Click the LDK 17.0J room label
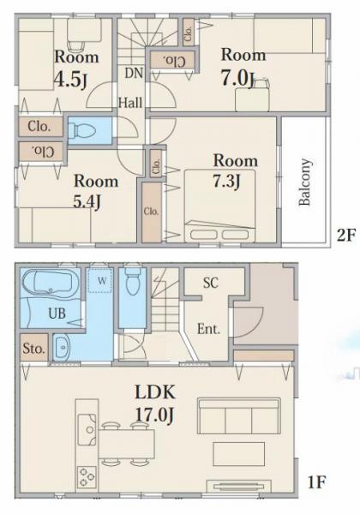point(155,403)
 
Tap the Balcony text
point(305,182)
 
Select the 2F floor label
point(346,235)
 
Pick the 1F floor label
point(316,482)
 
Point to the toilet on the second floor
point(85,131)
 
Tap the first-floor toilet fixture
point(133,281)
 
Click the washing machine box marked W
point(102,281)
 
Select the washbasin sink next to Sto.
point(62,348)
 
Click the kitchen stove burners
point(87,477)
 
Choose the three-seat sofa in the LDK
point(239,416)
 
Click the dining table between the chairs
point(126,444)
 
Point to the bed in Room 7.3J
point(220,206)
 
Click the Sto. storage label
point(33,349)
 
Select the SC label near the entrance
point(211,283)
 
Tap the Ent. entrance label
point(208,329)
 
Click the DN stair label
point(134,73)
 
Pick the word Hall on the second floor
point(130,103)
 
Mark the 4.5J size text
point(70,80)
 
